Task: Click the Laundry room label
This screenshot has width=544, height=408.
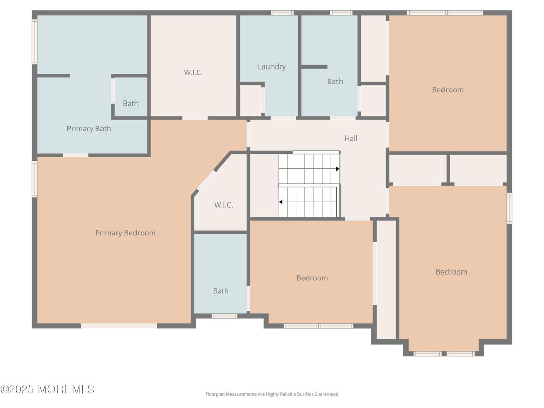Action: pyautogui.click(x=271, y=66)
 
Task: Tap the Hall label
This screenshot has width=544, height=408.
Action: pyautogui.click(x=351, y=138)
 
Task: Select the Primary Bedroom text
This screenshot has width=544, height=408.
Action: pyautogui.click(x=125, y=233)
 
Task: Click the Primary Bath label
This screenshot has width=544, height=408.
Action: pyautogui.click(x=89, y=129)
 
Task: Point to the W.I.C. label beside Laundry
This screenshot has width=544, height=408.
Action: pyautogui.click(x=193, y=72)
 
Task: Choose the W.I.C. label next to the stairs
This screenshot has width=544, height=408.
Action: pyautogui.click(x=224, y=205)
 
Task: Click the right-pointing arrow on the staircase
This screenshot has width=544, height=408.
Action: pyautogui.click(x=337, y=169)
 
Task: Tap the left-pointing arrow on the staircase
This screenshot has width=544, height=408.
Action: pyautogui.click(x=281, y=202)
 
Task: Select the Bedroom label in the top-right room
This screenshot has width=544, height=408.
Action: pyautogui.click(x=448, y=90)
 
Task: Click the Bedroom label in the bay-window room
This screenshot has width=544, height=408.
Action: pyautogui.click(x=451, y=271)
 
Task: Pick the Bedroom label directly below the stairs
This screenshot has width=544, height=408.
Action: pyautogui.click(x=312, y=278)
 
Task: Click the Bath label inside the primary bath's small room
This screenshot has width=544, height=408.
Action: pyautogui.click(x=130, y=103)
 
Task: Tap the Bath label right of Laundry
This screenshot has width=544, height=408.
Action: pyautogui.click(x=335, y=81)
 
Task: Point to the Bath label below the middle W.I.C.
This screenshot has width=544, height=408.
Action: pyautogui.click(x=221, y=291)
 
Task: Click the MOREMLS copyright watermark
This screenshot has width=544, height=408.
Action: pyautogui.click(x=47, y=389)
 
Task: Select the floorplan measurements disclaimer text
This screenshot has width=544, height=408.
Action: pyautogui.click(x=271, y=394)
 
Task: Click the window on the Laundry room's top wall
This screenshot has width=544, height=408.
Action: pyautogui.click(x=282, y=13)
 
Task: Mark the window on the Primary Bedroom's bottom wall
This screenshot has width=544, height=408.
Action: pyautogui.click(x=119, y=326)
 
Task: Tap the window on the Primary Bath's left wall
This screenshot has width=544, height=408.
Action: pyautogui.click(x=35, y=42)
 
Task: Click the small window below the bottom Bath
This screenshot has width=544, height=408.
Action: pyautogui.click(x=224, y=316)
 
